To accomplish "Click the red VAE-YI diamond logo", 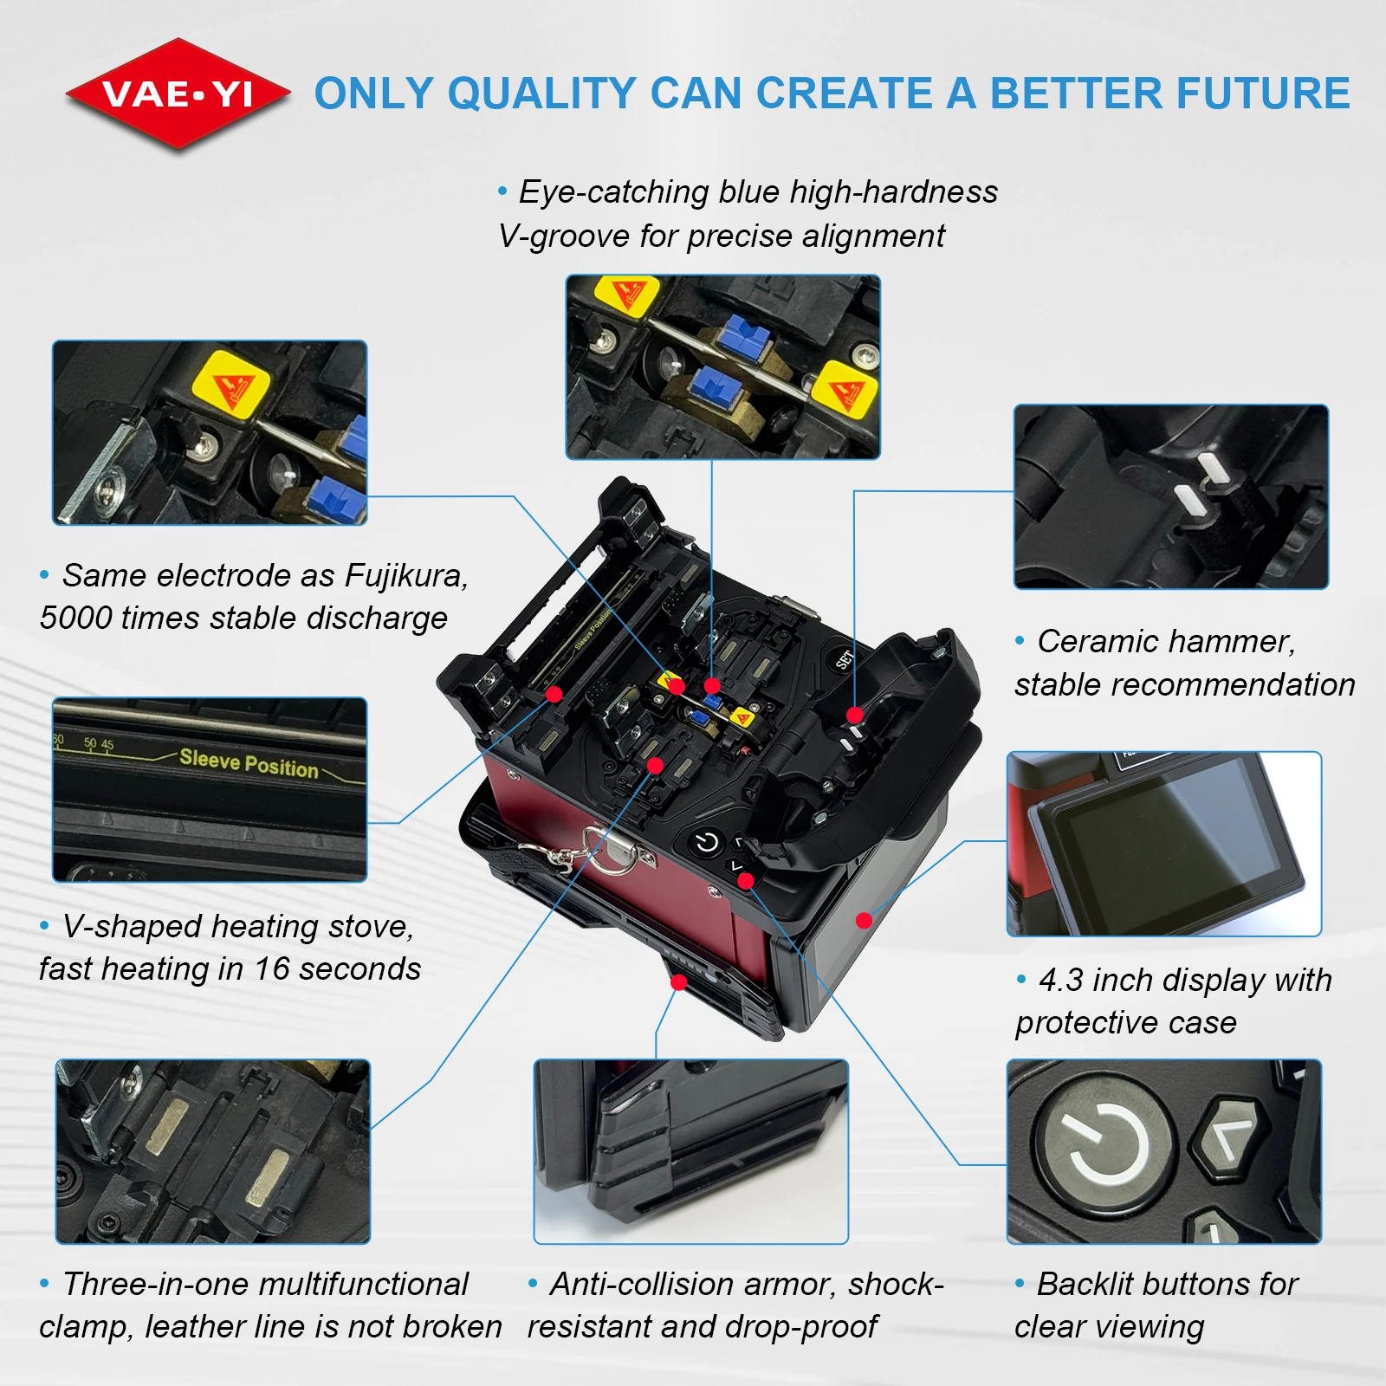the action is [x=178, y=94].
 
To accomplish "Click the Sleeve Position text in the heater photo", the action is [x=249, y=763].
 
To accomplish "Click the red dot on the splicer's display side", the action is [x=864, y=920].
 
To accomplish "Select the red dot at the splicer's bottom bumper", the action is [x=679, y=982].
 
